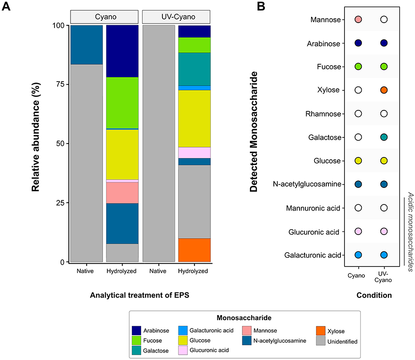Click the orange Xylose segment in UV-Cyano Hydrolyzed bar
coord(194,250)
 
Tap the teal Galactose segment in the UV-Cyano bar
coord(194,69)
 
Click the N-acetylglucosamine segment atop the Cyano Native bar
coord(87,45)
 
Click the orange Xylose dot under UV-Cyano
coord(384,90)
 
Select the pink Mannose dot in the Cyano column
coord(359,20)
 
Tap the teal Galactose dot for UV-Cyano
coord(384,137)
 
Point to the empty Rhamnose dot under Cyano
coord(359,113)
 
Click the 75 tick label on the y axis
coord(59,84)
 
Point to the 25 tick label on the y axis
coord(59,203)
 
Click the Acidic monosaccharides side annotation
coord(411,231)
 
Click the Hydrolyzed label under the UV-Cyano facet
coord(194,271)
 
